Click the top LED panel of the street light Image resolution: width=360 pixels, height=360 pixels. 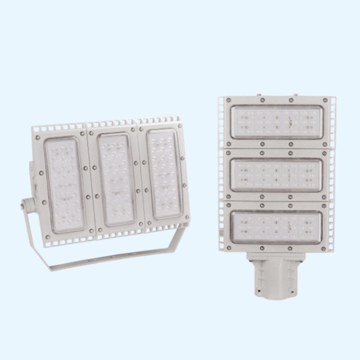[277, 121]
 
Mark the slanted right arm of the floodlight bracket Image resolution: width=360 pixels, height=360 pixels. [175, 244]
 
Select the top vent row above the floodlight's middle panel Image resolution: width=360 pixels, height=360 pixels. [111, 124]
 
